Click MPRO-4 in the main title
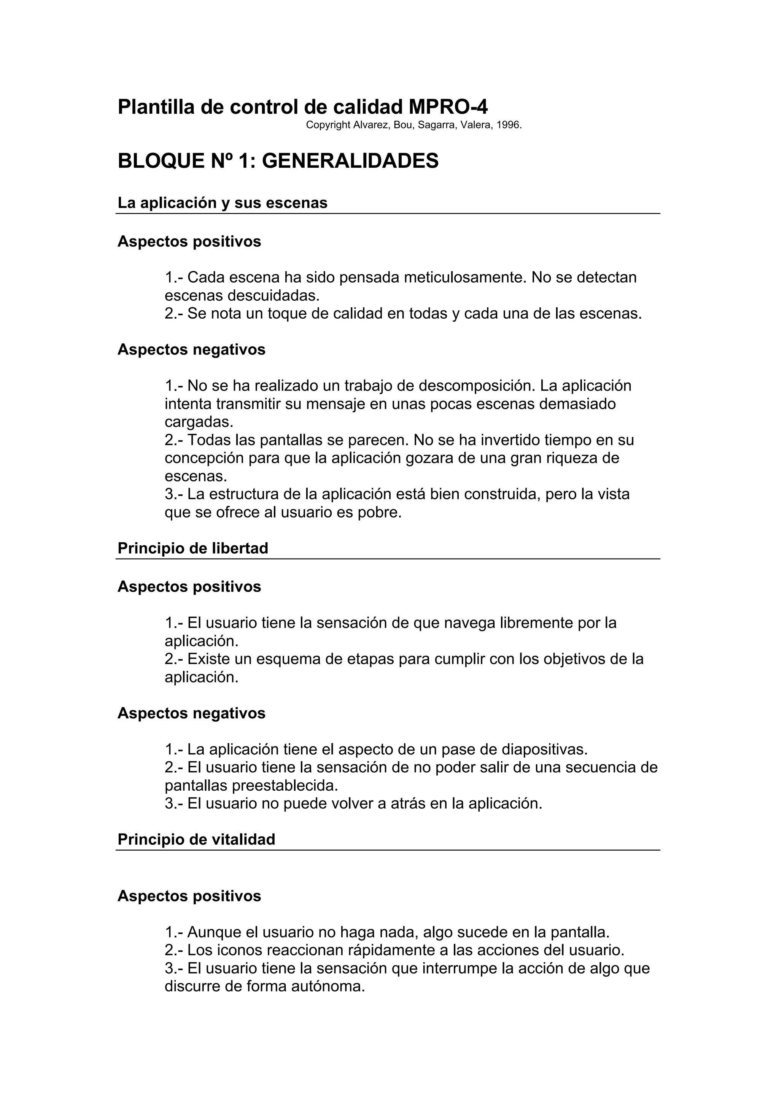(x=448, y=107)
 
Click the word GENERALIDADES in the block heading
(x=350, y=161)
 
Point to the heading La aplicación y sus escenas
(x=222, y=203)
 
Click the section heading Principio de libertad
(x=192, y=548)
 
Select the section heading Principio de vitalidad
(x=196, y=840)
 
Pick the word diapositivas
(x=544, y=749)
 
